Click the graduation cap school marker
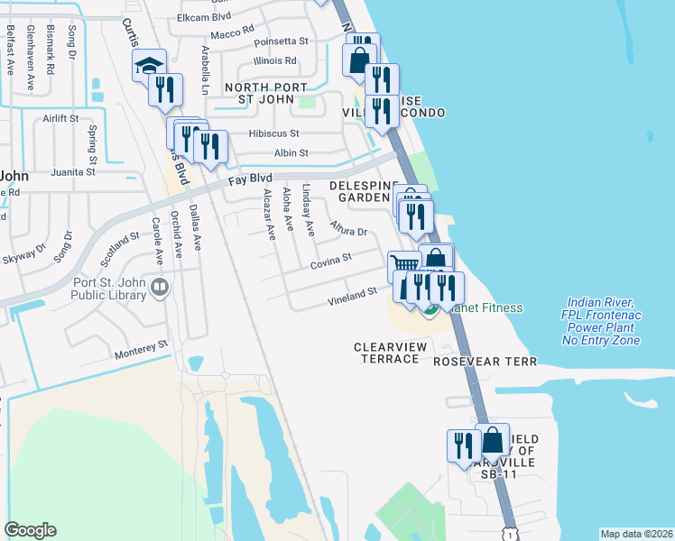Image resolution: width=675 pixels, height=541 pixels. click(150, 66)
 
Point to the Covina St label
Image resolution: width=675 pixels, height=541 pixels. click(330, 261)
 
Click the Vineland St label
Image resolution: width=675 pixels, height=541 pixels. click(351, 294)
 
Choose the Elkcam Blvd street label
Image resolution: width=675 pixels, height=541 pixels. click(205, 16)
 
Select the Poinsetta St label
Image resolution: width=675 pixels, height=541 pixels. click(281, 41)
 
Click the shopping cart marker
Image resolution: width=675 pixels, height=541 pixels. click(403, 265)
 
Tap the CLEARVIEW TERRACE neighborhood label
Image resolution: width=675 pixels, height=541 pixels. click(387, 353)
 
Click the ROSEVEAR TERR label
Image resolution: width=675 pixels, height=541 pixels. click(485, 362)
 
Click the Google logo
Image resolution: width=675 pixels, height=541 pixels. click(30, 530)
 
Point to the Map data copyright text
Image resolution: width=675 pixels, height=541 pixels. click(636, 534)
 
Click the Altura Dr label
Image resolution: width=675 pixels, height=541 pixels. click(348, 228)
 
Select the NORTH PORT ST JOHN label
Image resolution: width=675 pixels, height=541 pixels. click(266, 93)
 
